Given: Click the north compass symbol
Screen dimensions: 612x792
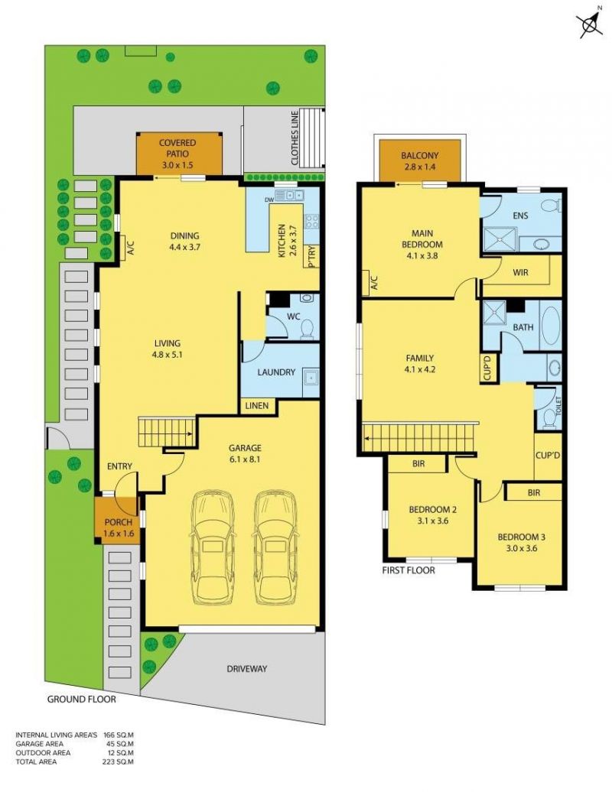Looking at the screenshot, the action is tap(591, 22).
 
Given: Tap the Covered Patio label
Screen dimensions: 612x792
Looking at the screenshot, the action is tap(177, 148).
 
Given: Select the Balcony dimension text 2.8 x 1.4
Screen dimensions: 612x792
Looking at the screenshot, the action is tap(419, 167).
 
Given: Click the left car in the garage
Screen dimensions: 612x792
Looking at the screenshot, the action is tap(212, 547).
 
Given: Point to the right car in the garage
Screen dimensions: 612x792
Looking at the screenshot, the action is tap(275, 547).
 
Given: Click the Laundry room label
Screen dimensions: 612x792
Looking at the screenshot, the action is tap(276, 372).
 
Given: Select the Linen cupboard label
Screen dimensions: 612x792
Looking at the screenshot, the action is tap(257, 406).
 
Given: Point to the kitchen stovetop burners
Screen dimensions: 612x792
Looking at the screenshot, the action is tap(311, 221).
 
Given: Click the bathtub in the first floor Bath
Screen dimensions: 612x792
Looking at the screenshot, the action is tap(551, 325).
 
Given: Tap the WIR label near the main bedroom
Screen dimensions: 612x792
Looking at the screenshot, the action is tap(520, 272).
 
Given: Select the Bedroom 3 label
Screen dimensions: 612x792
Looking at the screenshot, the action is tap(521, 537).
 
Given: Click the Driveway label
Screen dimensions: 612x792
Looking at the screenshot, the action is tap(246, 669).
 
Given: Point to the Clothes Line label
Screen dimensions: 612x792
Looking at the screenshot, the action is tap(295, 138).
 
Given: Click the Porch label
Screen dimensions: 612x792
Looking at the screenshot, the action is tap(119, 522).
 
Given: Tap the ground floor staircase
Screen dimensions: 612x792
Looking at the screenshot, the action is tap(167, 432).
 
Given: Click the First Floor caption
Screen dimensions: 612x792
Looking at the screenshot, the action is tap(409, 570).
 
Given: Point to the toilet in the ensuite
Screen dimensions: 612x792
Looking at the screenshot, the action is tap(552, 205).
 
